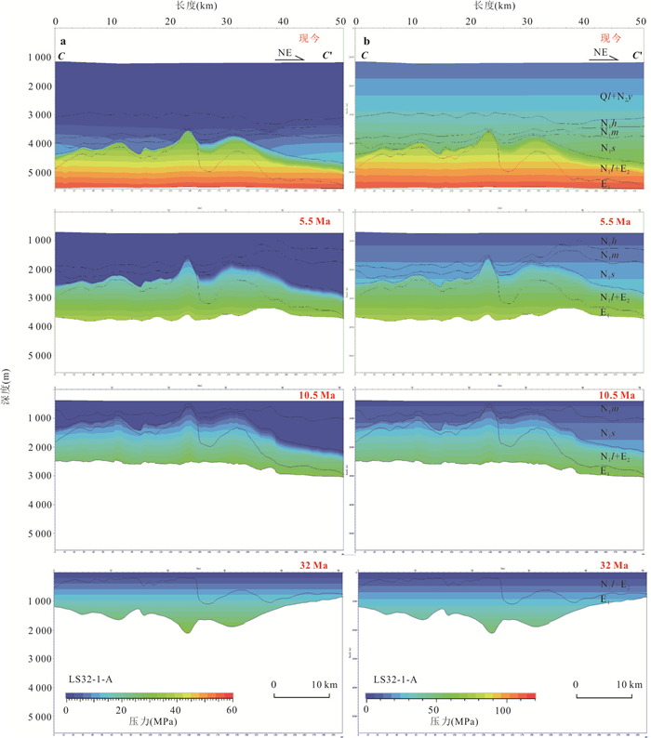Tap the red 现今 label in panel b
[610, 38]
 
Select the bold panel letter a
[63, 43]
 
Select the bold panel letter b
[364, 43]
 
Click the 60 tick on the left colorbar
[231, 710]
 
